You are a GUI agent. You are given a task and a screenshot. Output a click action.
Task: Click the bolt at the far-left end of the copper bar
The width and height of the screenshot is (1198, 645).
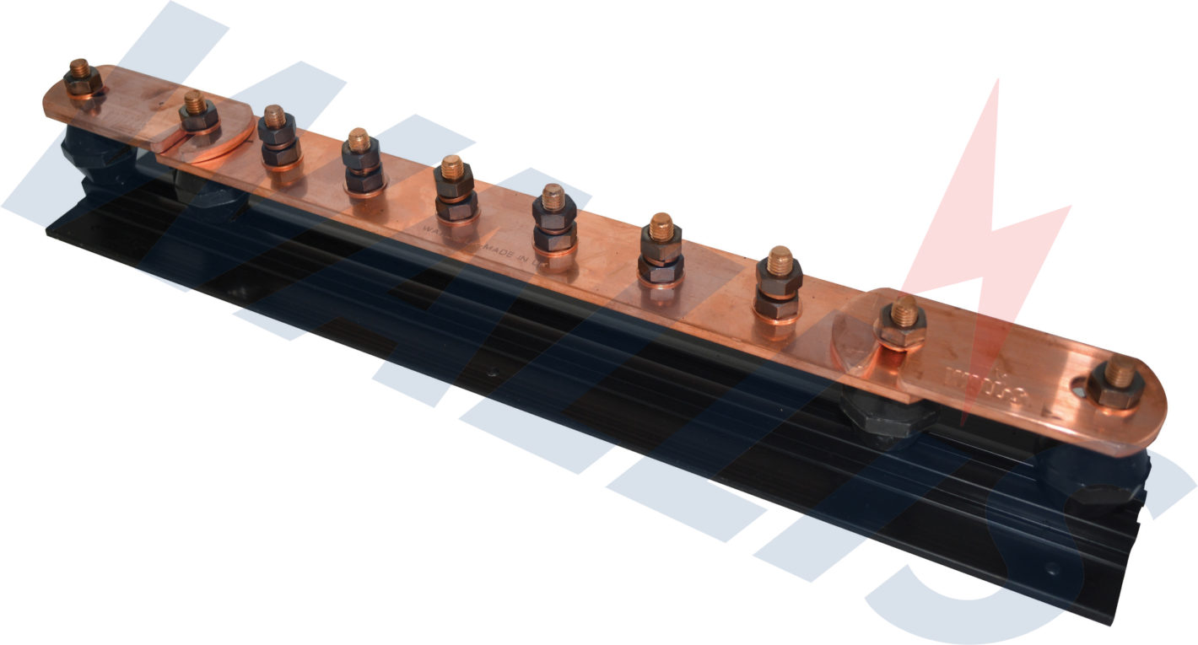coord(82,78)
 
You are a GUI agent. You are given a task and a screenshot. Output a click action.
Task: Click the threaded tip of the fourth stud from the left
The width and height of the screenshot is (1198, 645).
coord(359,137)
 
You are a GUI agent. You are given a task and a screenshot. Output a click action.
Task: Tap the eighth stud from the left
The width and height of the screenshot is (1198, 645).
coord(780,282)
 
